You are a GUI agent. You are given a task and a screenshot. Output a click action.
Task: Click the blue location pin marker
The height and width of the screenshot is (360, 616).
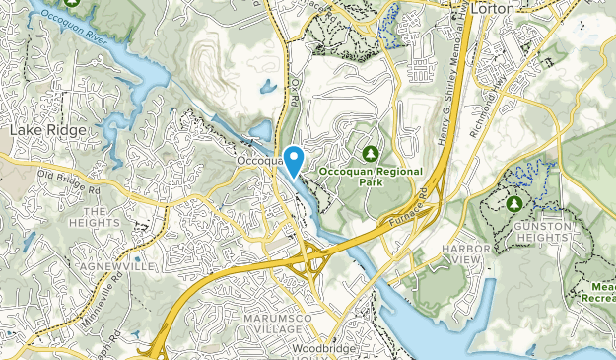point(293,158)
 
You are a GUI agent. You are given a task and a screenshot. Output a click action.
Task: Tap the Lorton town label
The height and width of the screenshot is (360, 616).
point(495,9)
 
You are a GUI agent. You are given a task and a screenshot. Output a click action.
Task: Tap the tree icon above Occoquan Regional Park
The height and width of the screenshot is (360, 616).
point(371,154)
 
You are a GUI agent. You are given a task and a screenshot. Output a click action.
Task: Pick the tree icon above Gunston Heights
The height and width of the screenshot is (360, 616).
point(514,204)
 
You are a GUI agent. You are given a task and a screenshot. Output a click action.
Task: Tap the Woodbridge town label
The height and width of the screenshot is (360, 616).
point(321,350)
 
